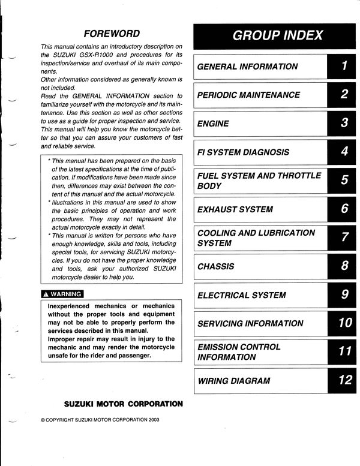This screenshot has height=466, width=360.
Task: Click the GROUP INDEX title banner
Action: [277, 35]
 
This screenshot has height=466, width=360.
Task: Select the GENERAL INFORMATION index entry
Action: [247, 67]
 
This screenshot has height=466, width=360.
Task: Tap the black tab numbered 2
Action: [344, 95]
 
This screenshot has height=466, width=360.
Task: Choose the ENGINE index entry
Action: [213, 124]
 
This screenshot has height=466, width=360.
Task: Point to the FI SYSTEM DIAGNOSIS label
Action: [243, 152]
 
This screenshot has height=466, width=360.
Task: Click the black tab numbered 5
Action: [344, 181]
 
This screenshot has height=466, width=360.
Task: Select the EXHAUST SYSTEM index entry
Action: [235, 210]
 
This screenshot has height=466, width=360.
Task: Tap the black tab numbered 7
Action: [344, 238]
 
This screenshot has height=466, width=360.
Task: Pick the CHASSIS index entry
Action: [215, 267]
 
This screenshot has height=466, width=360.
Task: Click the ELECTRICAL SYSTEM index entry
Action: [241, 295]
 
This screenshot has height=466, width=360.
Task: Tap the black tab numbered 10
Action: [344, 323]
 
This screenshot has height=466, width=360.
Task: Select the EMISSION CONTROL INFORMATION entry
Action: [238, 352]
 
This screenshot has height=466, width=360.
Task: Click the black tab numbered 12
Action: [344, 380]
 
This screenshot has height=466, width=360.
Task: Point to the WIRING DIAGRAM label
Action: [233, 381]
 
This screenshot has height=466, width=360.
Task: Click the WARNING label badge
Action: [62, 294]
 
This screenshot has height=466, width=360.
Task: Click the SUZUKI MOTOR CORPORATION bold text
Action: [123, 404]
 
